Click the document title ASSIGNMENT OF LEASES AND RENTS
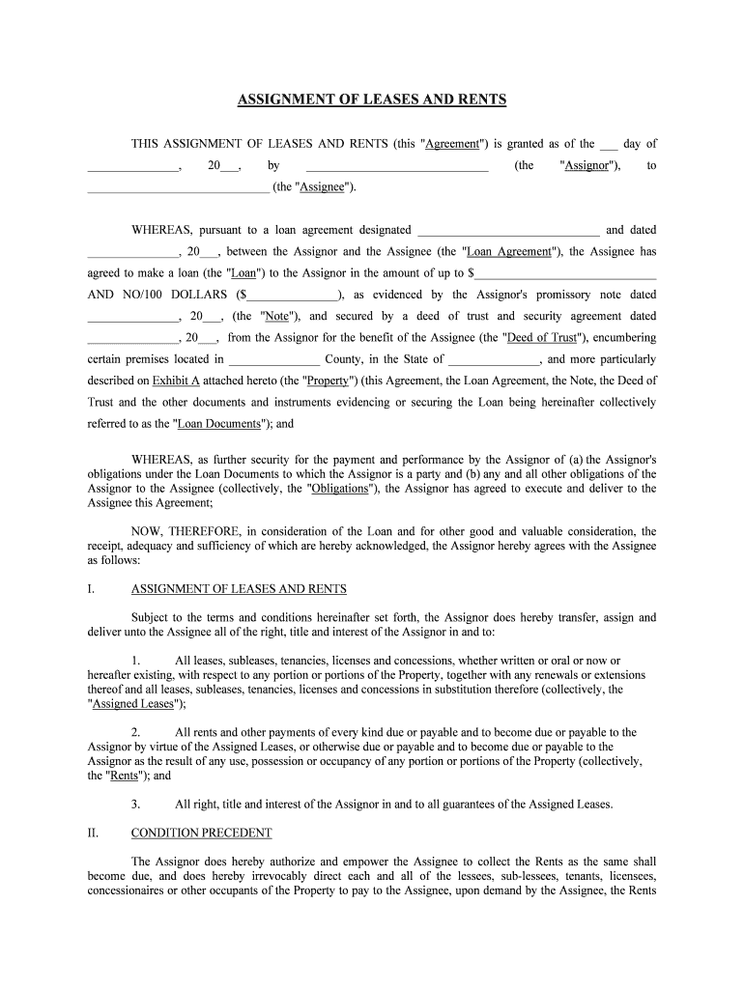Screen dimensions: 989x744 (x=372, y=100)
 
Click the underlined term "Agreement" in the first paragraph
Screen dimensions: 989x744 (x=453, y=144)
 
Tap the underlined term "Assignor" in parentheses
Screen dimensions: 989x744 (x=586, y=166)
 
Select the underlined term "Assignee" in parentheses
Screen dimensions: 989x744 (x=323, y=187)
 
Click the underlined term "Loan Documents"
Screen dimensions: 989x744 (x=221, y=423)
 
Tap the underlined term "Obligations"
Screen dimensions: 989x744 (x=339, y=489)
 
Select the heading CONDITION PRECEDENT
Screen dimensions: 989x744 (x=202, y=833)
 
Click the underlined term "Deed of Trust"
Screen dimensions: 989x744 (x=543, y=338)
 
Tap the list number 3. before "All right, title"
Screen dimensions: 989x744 (x=136, y=804)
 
